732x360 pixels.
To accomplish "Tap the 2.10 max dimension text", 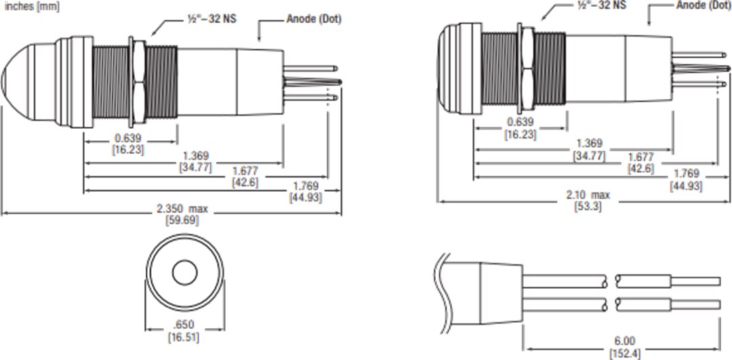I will tap(588, 195).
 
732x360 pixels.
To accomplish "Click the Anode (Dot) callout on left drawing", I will tap(313, 19).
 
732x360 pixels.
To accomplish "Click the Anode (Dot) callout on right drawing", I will tap(703, 5).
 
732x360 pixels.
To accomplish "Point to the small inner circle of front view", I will tap(183, 273).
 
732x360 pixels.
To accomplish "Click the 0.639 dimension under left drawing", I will tap(127, 138).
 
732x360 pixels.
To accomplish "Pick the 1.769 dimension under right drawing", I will tap(685, 174).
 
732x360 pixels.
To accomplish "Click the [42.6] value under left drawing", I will tap(245, 182).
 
